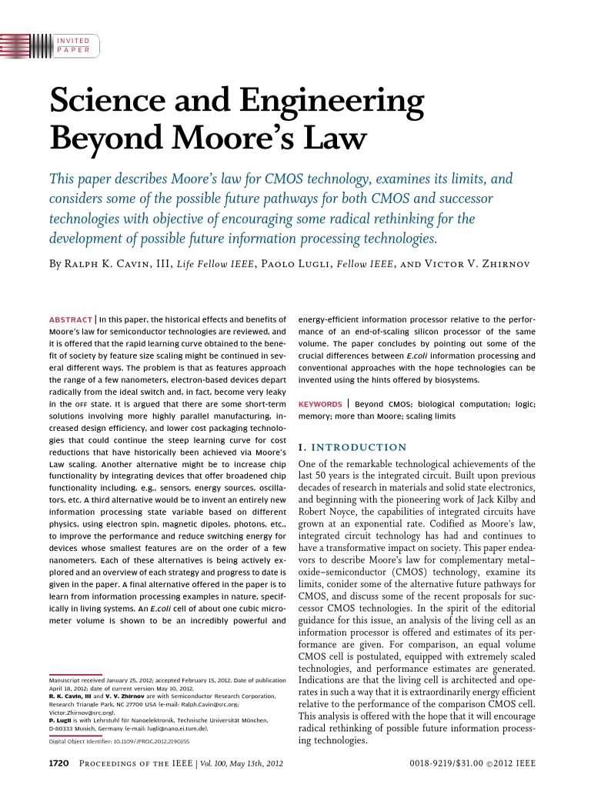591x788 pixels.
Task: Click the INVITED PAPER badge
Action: pyautogui.click(x=73, y=45)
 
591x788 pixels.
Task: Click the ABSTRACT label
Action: pyautogui.click(x=71, y=318)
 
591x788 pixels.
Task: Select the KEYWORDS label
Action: pyautogui.click(x=320, y=403)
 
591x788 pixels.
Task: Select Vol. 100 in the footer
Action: pyautogui.click(x=218, y=763)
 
